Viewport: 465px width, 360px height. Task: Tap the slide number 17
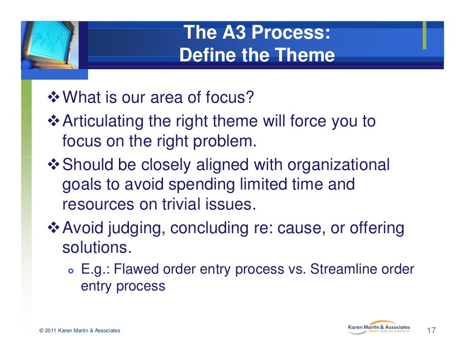tap(431, 330)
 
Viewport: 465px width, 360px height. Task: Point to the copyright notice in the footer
tap(80, 330)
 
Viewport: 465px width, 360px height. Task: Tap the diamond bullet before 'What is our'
tap(54, 97)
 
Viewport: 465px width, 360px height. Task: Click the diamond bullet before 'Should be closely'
tap(54, 165)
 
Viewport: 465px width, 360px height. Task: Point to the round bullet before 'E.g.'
tap(70, 270)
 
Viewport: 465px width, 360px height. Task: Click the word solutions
tap(96, 248)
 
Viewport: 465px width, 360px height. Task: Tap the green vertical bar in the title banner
tap(424, 35)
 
